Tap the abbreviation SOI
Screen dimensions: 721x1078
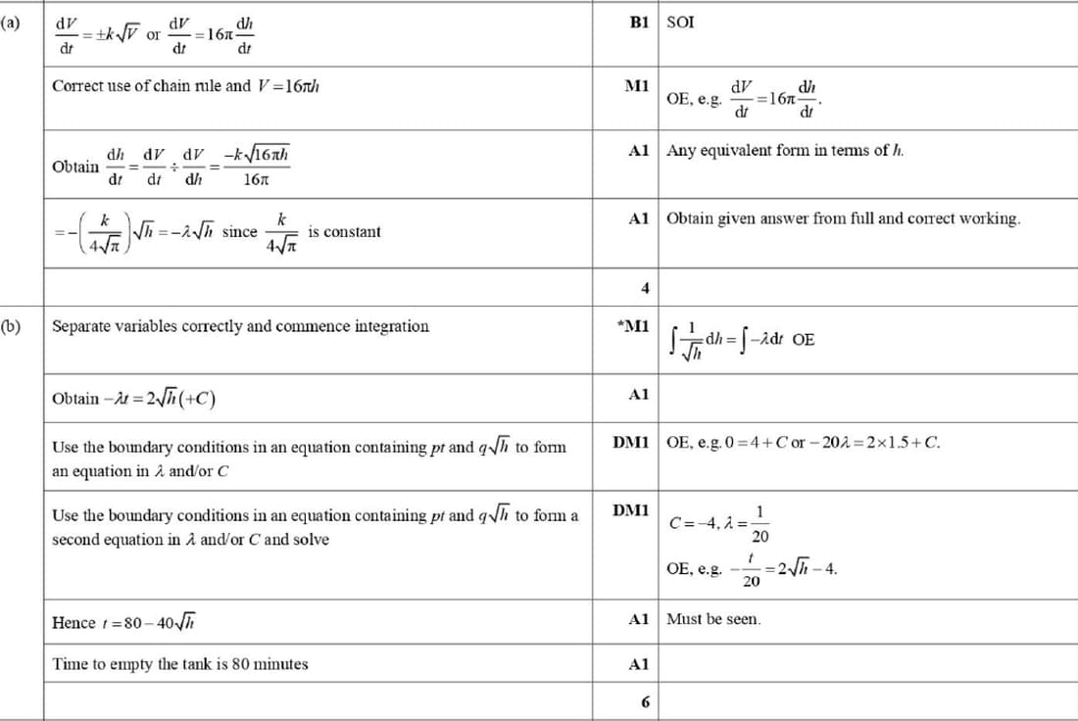click(x=680, y=22)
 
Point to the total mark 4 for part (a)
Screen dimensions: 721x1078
click(x=644, y=288)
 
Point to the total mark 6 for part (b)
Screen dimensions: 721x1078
click(x=644, y=702)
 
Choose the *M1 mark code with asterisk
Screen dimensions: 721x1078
click(x=633, y=325)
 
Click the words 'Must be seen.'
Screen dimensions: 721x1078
click(x=713, y=619)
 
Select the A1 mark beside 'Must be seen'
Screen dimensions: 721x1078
click(x=639, y=619)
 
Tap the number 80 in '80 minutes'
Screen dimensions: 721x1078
click(x=242, y=664)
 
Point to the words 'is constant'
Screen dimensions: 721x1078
click(x=344, y=232)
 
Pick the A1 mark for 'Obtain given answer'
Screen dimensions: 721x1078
click(x=639, y=218)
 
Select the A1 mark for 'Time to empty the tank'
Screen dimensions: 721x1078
click(x=639, y=664)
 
